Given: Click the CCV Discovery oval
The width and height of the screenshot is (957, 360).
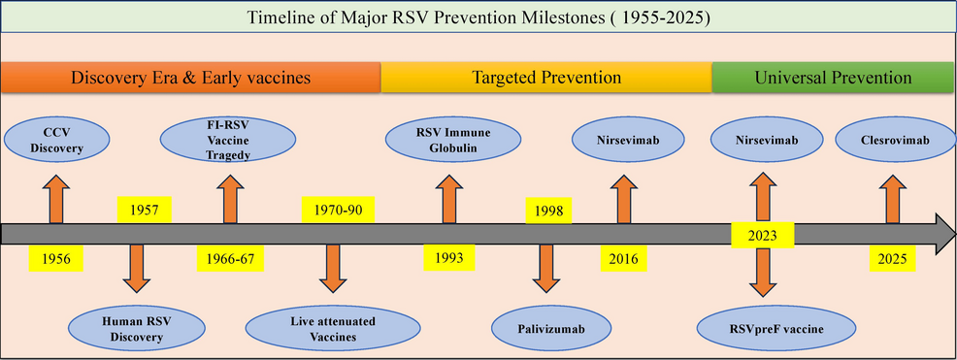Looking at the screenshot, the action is [x=56, y=140].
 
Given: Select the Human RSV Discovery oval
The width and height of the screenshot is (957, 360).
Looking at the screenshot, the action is [x=136, y=328].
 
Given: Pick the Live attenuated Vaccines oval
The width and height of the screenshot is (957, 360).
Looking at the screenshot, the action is [x=333, y=328].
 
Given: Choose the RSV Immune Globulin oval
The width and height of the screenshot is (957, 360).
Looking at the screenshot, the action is [x=453, y=140].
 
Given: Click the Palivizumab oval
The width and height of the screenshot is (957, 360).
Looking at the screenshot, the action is [x=552, y=329].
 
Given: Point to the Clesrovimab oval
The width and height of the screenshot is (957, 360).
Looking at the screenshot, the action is [x=895, y=140].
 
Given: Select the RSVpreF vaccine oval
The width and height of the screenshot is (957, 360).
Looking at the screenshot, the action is [x=776, y=329].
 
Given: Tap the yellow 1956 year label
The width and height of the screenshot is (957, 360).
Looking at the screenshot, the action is [x=55, y=259].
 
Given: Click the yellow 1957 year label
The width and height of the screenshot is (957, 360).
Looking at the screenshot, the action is [x=144, y=211].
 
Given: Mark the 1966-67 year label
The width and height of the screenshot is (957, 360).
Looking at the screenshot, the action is [x=230, y=259].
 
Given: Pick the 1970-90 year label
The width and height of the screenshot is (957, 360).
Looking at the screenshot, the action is [x=338, y=211].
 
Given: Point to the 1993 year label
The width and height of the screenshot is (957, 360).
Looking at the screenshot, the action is [x=449, y=257].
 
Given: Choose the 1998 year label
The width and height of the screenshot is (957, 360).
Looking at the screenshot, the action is [x=548, y=211].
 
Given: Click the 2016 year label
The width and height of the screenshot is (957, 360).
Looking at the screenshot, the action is [x=622, y=259].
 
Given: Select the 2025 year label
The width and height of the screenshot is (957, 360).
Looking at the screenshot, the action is [x=893, y=259].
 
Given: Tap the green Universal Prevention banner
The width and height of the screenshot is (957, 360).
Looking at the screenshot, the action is [x=834, y=78].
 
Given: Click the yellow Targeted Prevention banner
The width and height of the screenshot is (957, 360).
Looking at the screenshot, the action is [x=546, y=78].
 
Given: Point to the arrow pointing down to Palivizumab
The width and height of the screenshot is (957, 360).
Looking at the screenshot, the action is [x=546, y=269].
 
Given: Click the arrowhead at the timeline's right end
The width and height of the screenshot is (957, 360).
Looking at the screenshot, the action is [x=944, y=234].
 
